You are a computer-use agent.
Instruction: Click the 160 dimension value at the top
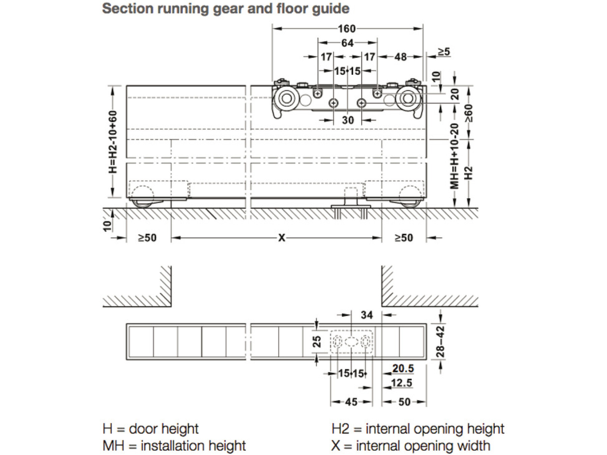[x=347, y=29]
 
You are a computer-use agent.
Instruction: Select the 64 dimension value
[x=347, y=43]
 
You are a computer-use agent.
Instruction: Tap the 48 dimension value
[x=400, y=57]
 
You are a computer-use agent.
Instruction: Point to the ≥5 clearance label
[x=444, y=52]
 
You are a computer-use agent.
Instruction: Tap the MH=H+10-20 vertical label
[x=455, y=156]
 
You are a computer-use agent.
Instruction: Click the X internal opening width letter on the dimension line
[x=282, y=238]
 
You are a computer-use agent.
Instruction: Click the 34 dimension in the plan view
[x=367, y=315]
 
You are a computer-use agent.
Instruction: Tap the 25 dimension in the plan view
[x=317, y=341]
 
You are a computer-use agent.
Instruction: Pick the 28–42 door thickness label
[x=440, y=341]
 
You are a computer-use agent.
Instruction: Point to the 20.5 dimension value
[x=403, y=368]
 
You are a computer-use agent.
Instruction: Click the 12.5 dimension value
[x=402, y=383]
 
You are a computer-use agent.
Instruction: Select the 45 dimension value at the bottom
[x=351, y=402]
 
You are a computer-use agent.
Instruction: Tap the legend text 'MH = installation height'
[x=174, y=446]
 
